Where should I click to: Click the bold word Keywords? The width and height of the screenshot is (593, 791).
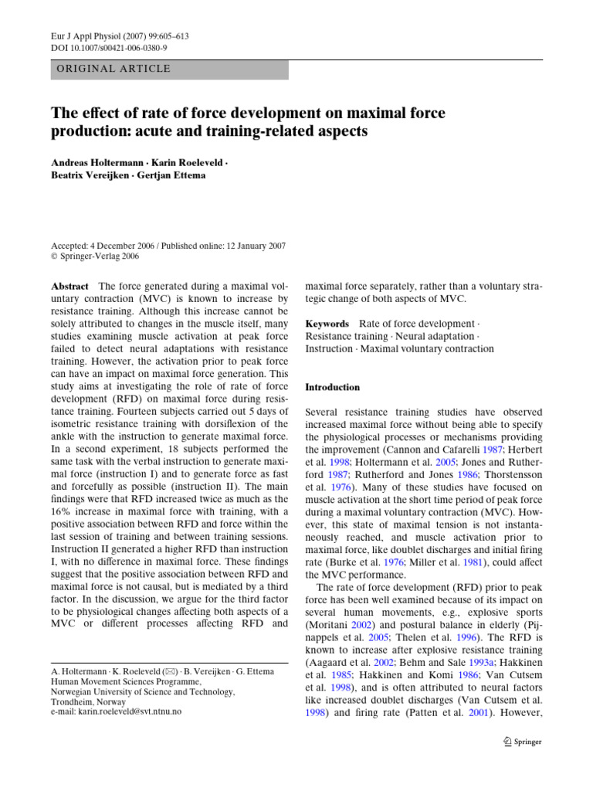pos(327,324)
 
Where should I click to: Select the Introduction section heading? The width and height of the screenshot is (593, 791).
pos(333,387)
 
